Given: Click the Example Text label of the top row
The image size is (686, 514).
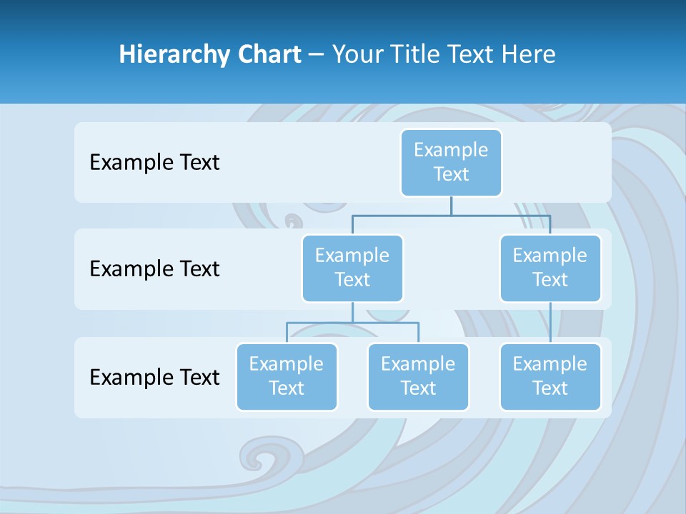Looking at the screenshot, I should click(x=154, y=162).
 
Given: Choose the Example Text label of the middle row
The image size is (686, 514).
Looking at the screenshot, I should click(x=154, y=269).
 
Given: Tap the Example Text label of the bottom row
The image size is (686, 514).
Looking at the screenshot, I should click(x=154, y=377).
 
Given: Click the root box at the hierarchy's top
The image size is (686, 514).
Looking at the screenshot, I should click(x=451, y=162).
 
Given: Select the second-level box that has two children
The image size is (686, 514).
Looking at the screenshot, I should click(x=352, y=268).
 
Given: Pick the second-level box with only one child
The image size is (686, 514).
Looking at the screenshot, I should click(x=550, y=268).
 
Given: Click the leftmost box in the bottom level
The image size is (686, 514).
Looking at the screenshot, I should click(x=287, y=377).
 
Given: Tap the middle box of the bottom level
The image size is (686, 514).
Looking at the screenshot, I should click(x=418, y=377).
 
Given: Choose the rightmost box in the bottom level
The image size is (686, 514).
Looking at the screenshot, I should click(x=550, y=377).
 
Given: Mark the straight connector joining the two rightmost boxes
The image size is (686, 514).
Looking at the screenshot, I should click(x=550, y=323).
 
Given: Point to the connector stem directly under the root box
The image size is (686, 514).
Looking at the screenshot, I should click(x=451, y=206).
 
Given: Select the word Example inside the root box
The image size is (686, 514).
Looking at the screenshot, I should click(x=451, y=150).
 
